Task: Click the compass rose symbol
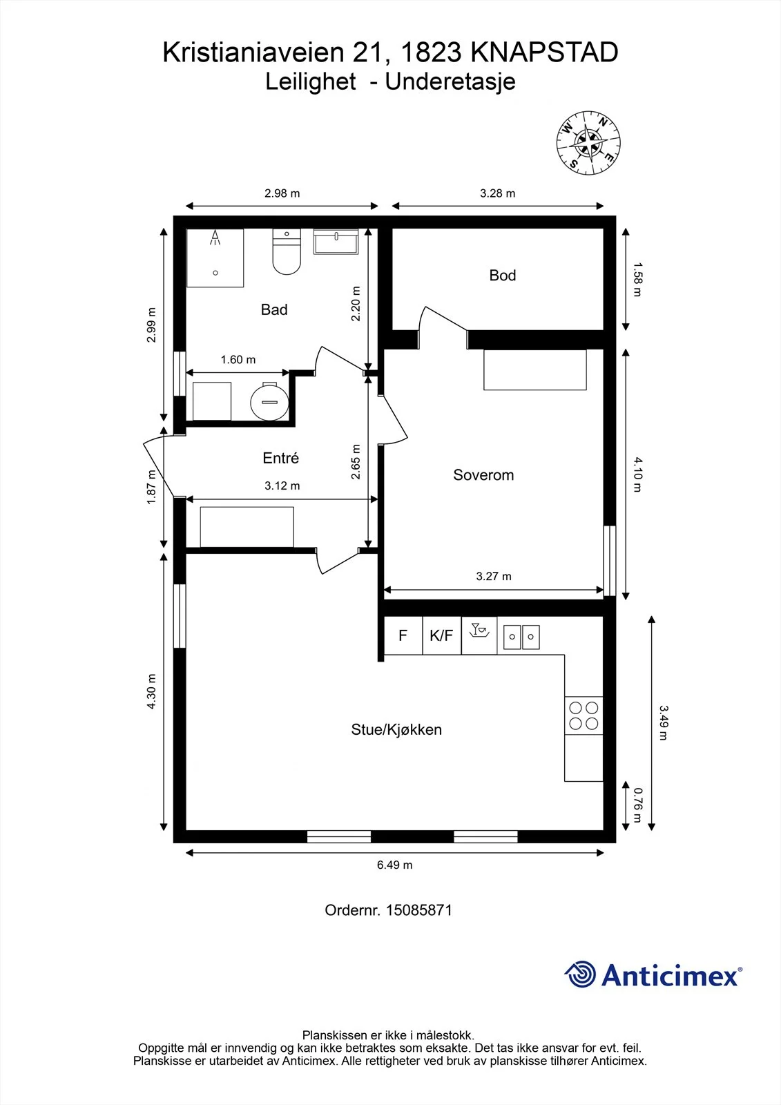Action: [x=588, y=143]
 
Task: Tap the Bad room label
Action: [x=274, y=309]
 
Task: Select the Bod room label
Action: [x=502, y=276]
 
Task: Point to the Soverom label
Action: [x=483, y=474]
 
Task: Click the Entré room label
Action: [x=281, y=458]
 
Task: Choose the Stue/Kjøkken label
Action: [x=396, y=729]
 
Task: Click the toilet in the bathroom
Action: [x=287, y=251]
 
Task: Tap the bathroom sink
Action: [x=336, y=241]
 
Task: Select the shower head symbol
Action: [x=215, y=238]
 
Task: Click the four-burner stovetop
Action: [x=584, y=715]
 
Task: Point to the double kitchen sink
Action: [x=521, y=637]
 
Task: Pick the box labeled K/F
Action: [x=441, y=635]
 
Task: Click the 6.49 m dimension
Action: [x=395, y=865]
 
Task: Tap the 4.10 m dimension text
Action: [x=637, y=474]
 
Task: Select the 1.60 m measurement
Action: [x=238, y=360]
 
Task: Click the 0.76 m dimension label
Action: [x=637, y=805]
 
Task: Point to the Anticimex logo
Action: [x=653, y=974]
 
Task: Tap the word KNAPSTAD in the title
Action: [x=544, y=52]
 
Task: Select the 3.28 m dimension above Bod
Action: [x=497, y=193]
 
